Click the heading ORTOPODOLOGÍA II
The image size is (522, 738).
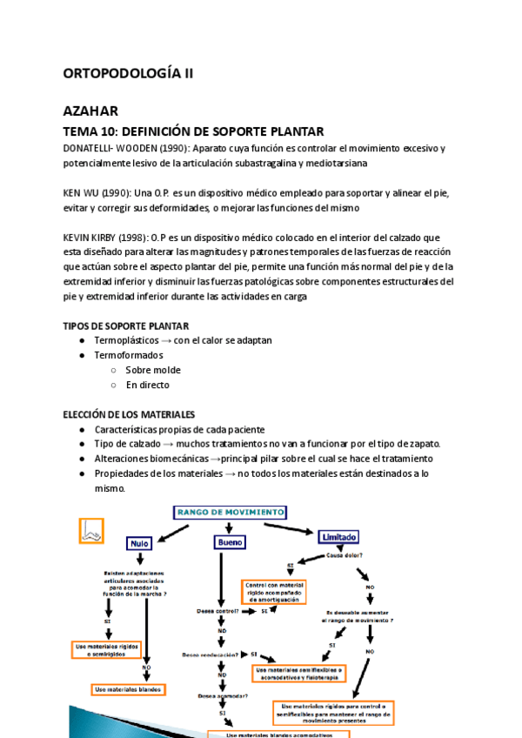(128, 74)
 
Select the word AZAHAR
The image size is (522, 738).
(91, 111)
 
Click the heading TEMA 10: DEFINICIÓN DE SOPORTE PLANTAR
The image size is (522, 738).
(194, 131)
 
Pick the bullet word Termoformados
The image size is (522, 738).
(128, 355)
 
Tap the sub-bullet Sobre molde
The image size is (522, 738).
(153, 370)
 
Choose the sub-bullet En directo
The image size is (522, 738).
(147, 385)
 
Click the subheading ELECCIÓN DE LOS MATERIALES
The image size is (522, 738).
(129, 414)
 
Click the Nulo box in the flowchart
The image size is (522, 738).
(140, 542)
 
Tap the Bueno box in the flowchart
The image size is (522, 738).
(227, 542)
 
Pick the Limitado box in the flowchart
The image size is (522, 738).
(338, 537)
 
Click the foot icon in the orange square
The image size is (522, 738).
(90, 530)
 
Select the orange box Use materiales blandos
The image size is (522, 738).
(129, 689)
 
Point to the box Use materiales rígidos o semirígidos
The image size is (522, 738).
(106, 649)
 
